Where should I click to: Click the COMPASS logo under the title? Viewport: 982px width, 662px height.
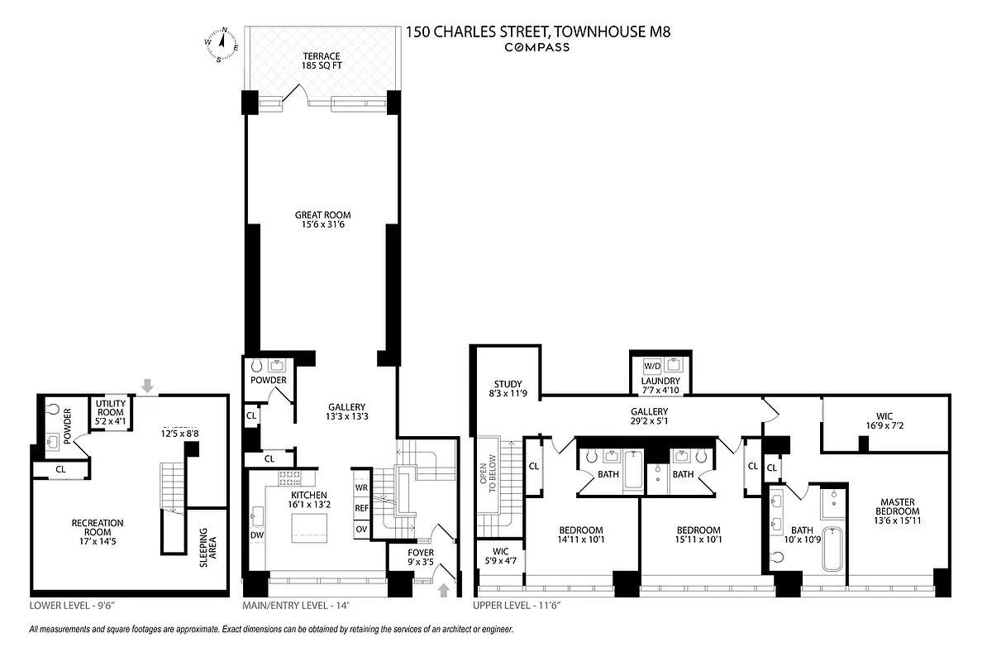click(537, 47)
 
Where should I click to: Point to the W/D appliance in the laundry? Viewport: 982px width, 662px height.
click(652, 365)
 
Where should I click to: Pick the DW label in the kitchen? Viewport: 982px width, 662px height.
click(256, 535)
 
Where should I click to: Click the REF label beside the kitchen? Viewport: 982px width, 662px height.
click(361, 508)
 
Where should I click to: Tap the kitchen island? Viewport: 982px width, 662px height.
click(307, 527)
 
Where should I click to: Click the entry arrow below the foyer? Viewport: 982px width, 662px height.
click(444, 590)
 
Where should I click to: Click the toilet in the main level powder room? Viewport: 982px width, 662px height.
click(255, 364)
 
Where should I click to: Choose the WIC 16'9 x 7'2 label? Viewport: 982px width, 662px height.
click(886, 422)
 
